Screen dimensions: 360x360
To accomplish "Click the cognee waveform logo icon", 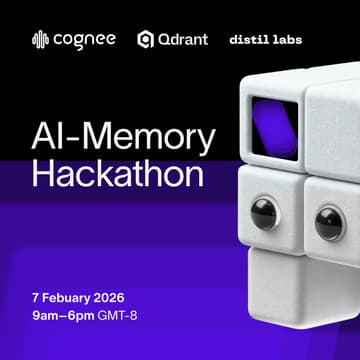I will pos(40,40).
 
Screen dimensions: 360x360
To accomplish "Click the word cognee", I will pos(84,40).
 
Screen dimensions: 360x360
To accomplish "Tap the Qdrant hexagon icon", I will pos(146,40).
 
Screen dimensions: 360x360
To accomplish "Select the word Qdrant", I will pos(186,40).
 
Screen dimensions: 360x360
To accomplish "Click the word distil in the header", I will pos(251,41).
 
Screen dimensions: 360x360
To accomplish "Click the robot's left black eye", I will pos(264,213).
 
